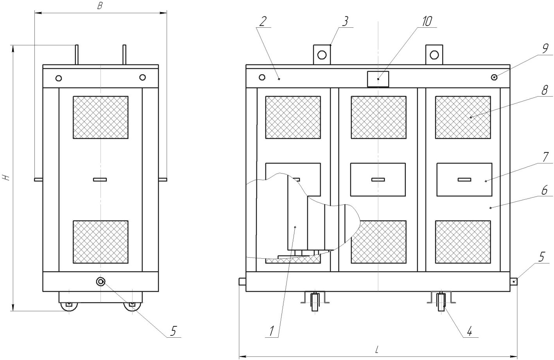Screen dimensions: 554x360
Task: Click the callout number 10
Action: point(427,21)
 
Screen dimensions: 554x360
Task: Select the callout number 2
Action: point(263,21)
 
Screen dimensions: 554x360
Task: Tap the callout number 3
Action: point(345,21)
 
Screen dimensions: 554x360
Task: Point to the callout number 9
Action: point(545,48)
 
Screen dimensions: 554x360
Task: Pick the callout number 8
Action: point(545,90)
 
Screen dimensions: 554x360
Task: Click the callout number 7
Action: point(545,158)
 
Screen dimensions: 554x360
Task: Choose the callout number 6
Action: point(545,191)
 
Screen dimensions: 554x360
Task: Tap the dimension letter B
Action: point(100,6)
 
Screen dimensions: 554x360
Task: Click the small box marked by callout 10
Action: point(378,79)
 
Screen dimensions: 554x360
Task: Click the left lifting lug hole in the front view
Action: point(322,55)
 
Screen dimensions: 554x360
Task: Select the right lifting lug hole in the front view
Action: point(434,55)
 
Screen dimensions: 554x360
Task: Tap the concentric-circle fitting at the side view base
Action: point(100,281)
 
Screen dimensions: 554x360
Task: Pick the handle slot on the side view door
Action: point(100,179)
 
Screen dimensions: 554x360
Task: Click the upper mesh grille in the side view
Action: point(100,117)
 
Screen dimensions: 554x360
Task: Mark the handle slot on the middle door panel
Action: point(378,179)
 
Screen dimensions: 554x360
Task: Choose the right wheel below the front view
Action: point(441,302)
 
